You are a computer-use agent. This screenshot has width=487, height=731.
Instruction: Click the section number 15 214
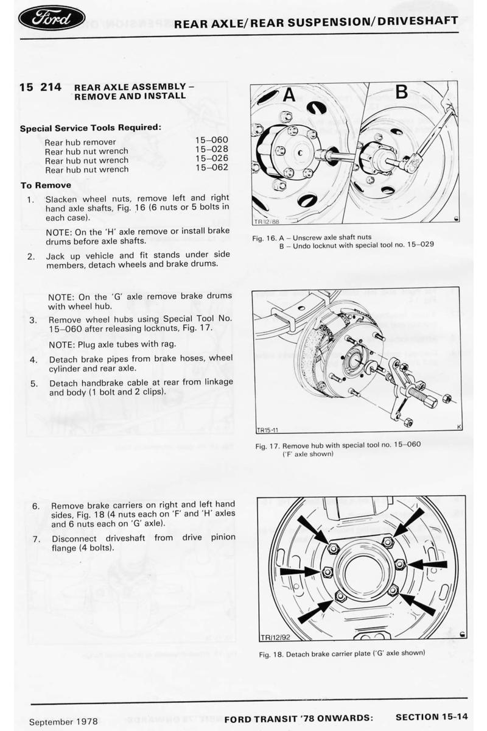[40, 87]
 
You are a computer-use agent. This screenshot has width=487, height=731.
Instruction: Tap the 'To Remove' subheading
[46, 185]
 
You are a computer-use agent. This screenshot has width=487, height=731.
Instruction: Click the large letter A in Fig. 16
[289, 94]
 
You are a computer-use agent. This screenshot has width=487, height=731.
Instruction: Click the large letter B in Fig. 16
[401, 93]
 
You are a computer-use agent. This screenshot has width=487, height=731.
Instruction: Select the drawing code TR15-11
[268, 429]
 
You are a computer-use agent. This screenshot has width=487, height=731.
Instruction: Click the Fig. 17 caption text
[338, 448]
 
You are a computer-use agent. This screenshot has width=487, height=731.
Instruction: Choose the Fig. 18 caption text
[342, 654]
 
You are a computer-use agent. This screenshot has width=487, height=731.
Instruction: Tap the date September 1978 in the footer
[64, 721]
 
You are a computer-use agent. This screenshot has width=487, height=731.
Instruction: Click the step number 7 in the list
[37, 539]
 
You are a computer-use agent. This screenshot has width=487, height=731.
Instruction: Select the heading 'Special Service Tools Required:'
[90, 128]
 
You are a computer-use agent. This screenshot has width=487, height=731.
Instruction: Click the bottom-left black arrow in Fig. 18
[315, 610]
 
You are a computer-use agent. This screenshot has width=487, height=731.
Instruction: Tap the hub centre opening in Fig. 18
[363, 570]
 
